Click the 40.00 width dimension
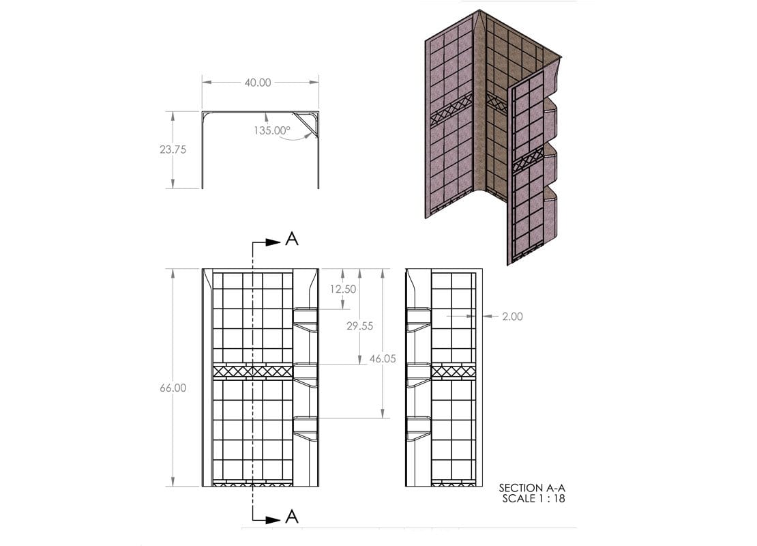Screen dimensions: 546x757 (x=258, y=83)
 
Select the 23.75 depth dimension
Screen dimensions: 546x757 (x=173, y=149)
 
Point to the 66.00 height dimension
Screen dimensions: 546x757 (x=173, y=387)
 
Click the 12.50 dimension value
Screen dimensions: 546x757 (x=342, y=289)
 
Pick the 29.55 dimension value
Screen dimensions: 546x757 (x=359, y=326)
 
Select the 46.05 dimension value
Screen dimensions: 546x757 (x=383, y=358)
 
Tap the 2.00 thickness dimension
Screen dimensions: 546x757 (x=511, y=316)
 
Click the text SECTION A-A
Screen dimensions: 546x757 (x=532, y=487)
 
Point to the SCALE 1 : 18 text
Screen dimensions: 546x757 (x=533, y=498)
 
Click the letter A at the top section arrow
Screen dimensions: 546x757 (x=292, y=239)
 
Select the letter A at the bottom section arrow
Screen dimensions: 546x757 (x=292, y=517)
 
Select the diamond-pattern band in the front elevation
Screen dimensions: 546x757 (x=252, y=371)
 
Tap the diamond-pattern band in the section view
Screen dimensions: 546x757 (x=454, y=371)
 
